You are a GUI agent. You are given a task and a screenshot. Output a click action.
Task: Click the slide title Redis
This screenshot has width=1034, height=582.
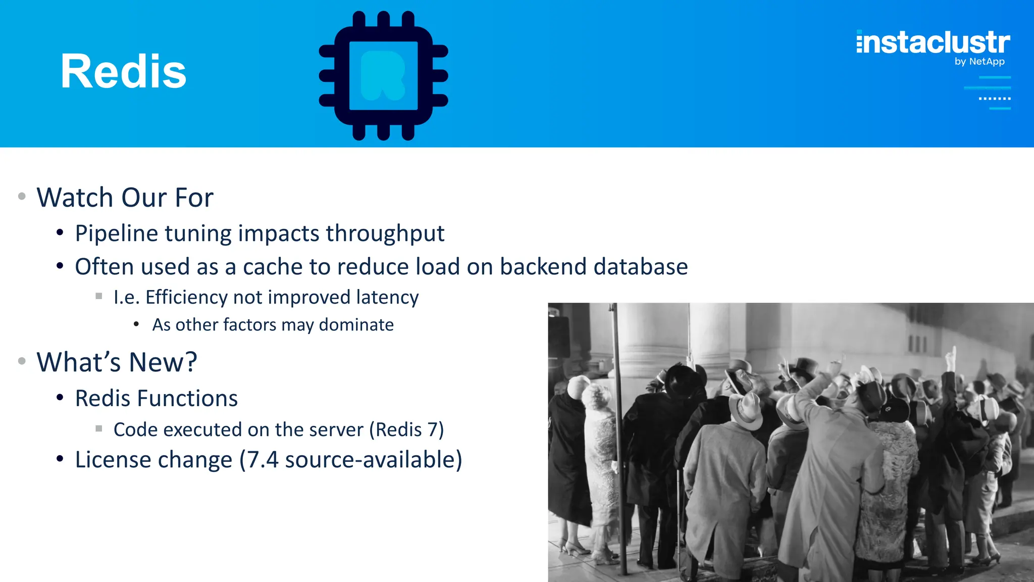point(123,72)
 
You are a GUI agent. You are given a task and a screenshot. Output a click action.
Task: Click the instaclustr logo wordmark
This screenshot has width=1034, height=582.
point(933,42)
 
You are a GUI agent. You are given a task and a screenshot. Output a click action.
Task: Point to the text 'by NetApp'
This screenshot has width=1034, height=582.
point(979,62)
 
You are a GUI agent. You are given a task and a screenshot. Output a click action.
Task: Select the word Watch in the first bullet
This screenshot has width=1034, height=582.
point(75,197)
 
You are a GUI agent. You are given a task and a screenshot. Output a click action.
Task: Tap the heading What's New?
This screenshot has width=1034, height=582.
point(117,362)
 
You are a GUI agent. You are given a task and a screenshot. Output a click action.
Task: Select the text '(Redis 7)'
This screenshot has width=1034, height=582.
point(406,430)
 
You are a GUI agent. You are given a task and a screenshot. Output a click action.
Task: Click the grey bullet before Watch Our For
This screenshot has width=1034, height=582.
point(22,196)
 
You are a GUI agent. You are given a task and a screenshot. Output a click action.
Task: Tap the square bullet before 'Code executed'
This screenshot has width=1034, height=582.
point(99,428)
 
